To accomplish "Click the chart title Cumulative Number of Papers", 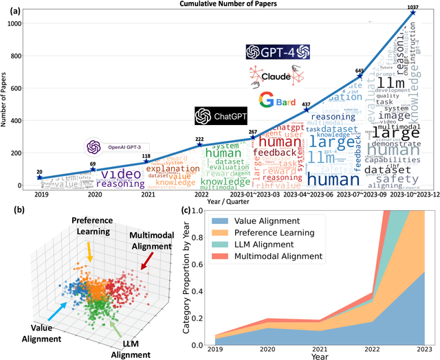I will click(x=230, y=5).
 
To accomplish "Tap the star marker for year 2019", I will click(x=39, y=177).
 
